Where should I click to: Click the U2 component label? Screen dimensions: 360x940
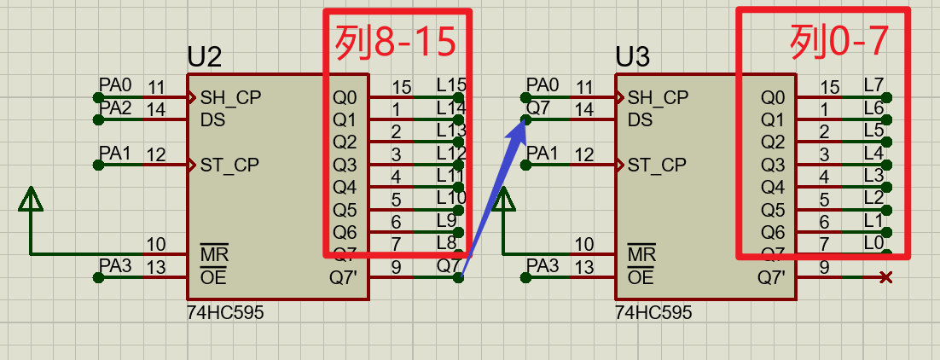coord(205,57)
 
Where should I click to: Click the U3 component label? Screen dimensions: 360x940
coord(633,57)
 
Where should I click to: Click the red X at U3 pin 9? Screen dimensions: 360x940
coord(886,277)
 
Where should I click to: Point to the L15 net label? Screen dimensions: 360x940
coord(451,84)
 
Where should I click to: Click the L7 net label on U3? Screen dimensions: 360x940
coord(873,84)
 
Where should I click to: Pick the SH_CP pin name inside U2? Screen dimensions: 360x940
coord(230,97)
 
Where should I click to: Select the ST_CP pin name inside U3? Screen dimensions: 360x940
coord(657,165)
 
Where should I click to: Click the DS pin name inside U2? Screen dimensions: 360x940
coord(212,120)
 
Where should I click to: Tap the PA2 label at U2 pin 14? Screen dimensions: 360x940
coord(115,108)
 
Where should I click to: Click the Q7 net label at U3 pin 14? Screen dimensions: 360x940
coord(539,108)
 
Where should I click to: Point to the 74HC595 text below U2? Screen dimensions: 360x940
coord(225,313)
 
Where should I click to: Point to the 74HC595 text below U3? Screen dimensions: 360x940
coord(653,313)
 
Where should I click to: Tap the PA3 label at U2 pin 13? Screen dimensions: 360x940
coord(115,266)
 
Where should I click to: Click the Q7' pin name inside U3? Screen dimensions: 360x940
coord(772,277)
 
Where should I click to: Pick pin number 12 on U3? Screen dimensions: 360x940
coord(584,154)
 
